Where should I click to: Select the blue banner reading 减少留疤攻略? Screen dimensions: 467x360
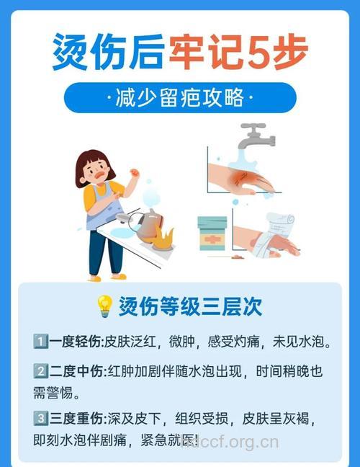point(180,98)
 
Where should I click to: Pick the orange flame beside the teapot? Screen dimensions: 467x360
point(165,237)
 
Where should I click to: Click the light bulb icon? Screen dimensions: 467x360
point(104,307)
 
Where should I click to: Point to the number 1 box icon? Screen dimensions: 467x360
point(40,341)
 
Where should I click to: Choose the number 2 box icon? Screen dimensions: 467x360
point(40,373)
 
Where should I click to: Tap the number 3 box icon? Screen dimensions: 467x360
point(40,418)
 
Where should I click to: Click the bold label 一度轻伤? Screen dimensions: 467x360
point(76,341)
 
